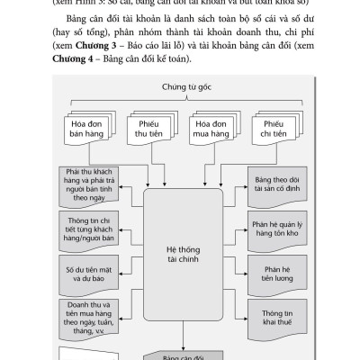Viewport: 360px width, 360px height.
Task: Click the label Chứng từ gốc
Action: (x=179, y=87)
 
